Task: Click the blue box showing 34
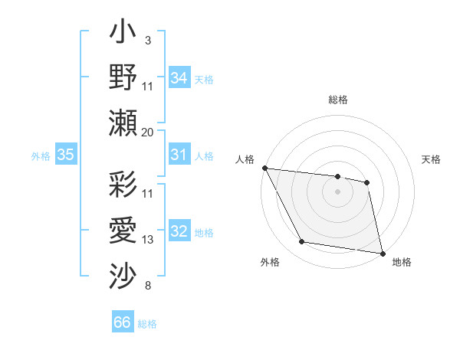tap(179, 78)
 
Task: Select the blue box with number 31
tap(179, 155)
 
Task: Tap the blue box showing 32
tap(179, 231)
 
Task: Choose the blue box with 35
tap(65, 155)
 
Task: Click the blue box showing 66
tap(123, 322)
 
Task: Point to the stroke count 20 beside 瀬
tap(148, 133)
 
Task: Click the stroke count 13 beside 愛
tap(148, 240)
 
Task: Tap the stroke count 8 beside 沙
tap(148, 286)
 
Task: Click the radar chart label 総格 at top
tap(338, 100)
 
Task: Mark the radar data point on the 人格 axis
tap(264, 168)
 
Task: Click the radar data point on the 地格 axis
tap(382, 252)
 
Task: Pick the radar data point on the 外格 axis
tap(302, 242)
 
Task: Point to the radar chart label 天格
tap(432, 159)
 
